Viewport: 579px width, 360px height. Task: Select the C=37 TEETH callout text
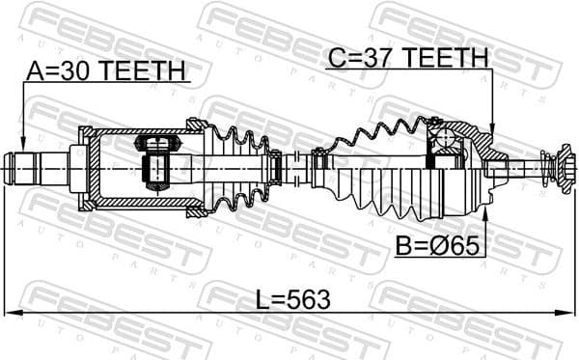(x=406, y=58)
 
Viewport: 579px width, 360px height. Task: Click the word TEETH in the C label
(x=446, y=58)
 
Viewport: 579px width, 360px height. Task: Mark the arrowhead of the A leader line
(x=22, y=142)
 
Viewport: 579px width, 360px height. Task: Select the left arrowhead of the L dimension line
(x=10, y=313)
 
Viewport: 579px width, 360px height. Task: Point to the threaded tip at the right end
(x=557, y=170)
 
